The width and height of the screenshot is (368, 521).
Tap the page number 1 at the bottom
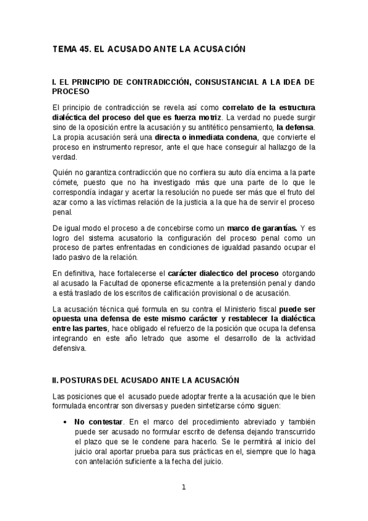click(183, 487)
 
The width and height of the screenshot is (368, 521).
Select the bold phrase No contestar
click(96, 422)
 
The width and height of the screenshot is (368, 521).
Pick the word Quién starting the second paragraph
click(63, 173)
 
